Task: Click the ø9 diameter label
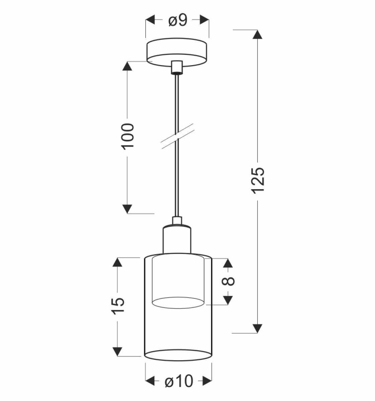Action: (178, 20)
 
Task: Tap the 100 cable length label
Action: (127, 137)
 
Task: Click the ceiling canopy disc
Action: (177, 52)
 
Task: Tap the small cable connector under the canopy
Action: (177, 68)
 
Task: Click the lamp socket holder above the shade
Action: (177, 240)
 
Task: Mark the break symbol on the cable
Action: (178, 136)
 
